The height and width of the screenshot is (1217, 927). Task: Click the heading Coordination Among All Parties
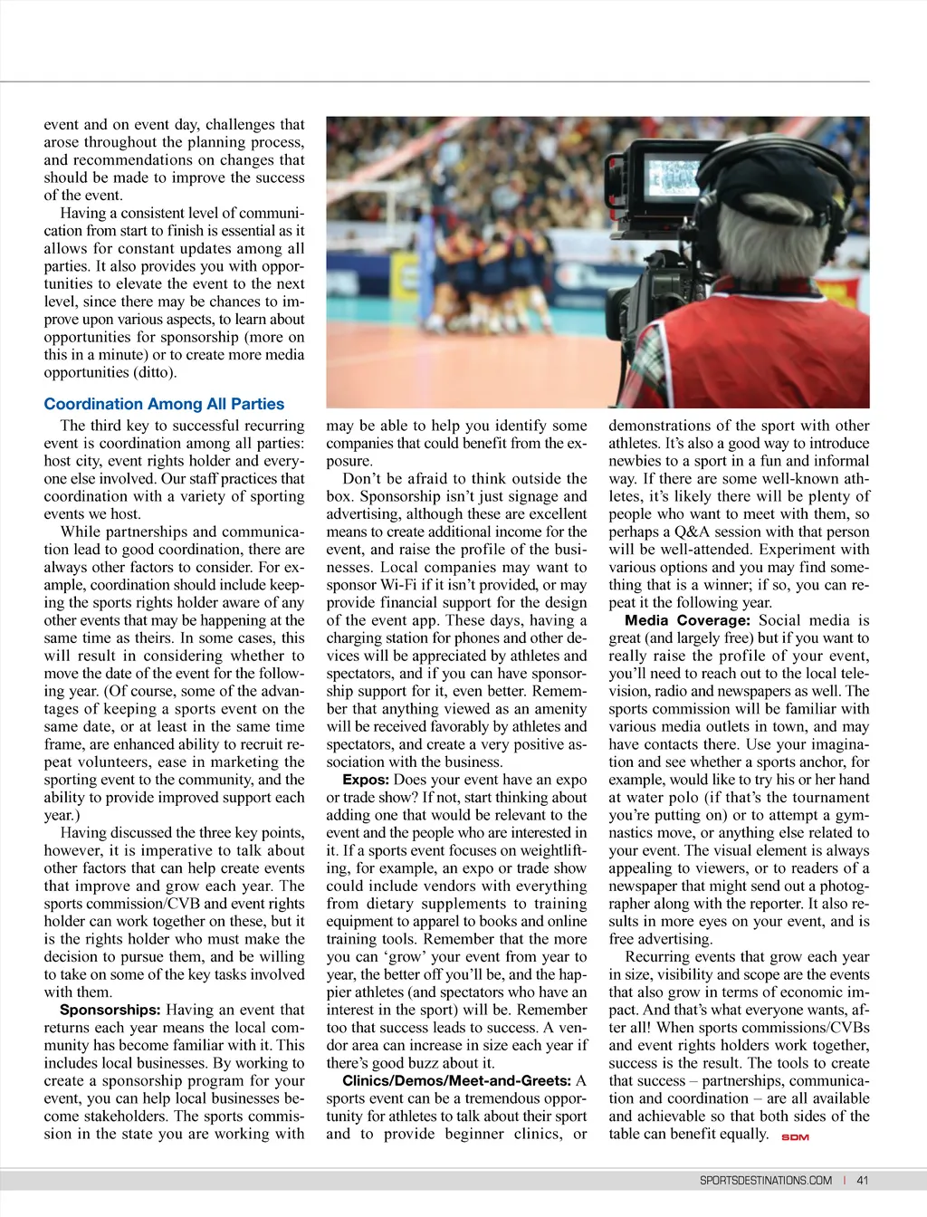tap(164, 404)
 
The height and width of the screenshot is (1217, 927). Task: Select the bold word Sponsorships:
tap(110, 1010)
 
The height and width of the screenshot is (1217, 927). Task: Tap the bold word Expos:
tap(366, 780)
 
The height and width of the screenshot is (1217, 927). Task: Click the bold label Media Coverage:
tap(687, 620)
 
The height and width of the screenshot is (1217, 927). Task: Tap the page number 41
tap(862, 1180)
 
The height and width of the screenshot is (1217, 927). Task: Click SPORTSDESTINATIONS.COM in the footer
tap(765, 1180)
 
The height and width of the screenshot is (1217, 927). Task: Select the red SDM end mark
tap(795, 1137)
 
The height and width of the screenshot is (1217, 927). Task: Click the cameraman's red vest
tap(769, 353)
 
